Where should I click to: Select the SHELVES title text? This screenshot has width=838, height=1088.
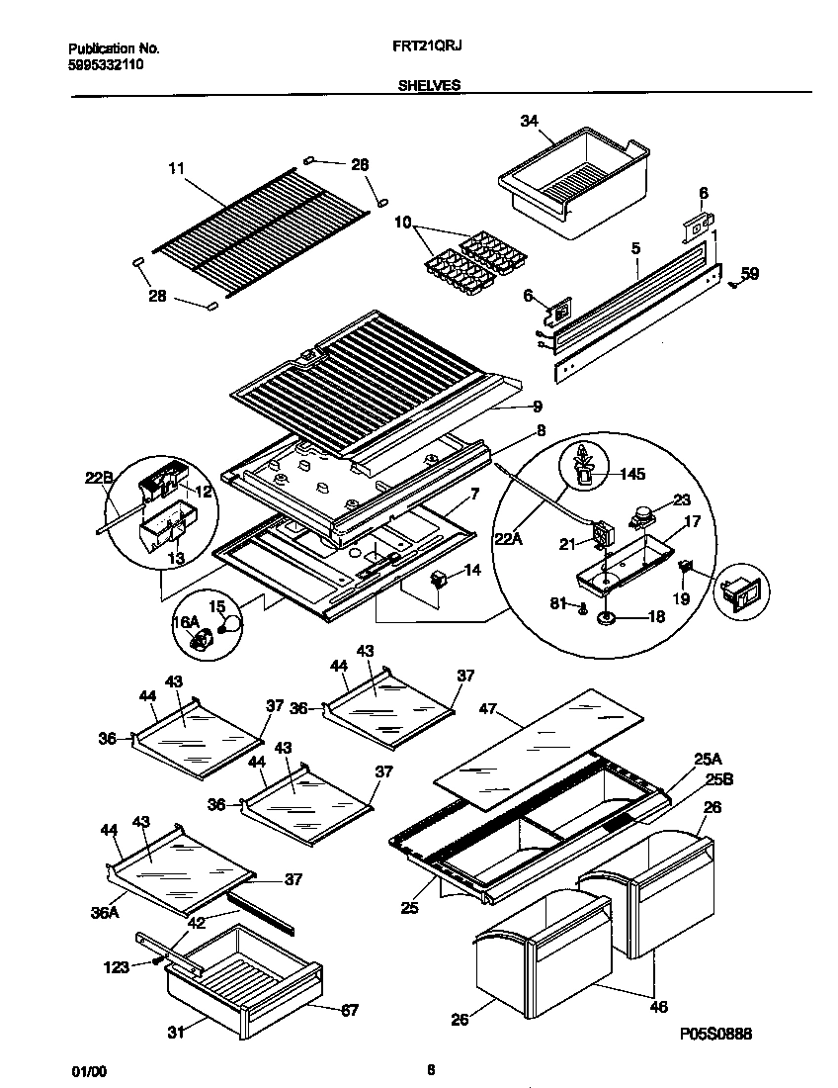tap(429, 86)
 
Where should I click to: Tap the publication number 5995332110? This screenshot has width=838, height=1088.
tap(106, 62)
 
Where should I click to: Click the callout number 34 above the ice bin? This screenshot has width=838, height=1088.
tap(529, 122)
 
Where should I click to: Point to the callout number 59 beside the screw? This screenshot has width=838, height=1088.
tap(750, 274)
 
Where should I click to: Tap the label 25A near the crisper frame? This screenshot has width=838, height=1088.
tap(707, 759)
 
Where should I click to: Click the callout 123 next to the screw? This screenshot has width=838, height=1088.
tap(117, 967)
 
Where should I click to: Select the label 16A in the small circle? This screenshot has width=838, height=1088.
tap(186, 621)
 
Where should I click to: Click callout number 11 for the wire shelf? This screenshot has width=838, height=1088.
tap(176, 169)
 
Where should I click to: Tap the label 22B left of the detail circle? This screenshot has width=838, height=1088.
tap(98, 478)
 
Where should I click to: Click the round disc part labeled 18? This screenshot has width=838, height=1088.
tap(605, 618)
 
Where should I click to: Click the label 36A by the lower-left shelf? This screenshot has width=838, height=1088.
tap(106, 913)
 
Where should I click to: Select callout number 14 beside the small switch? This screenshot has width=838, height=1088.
tap(472, 571)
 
